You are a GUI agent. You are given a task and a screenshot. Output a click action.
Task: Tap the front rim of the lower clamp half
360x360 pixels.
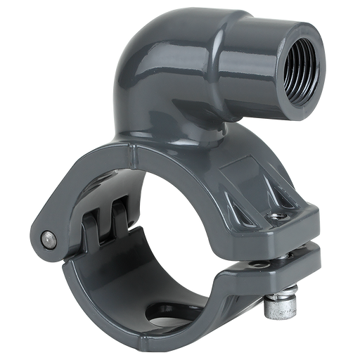point(105,309)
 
